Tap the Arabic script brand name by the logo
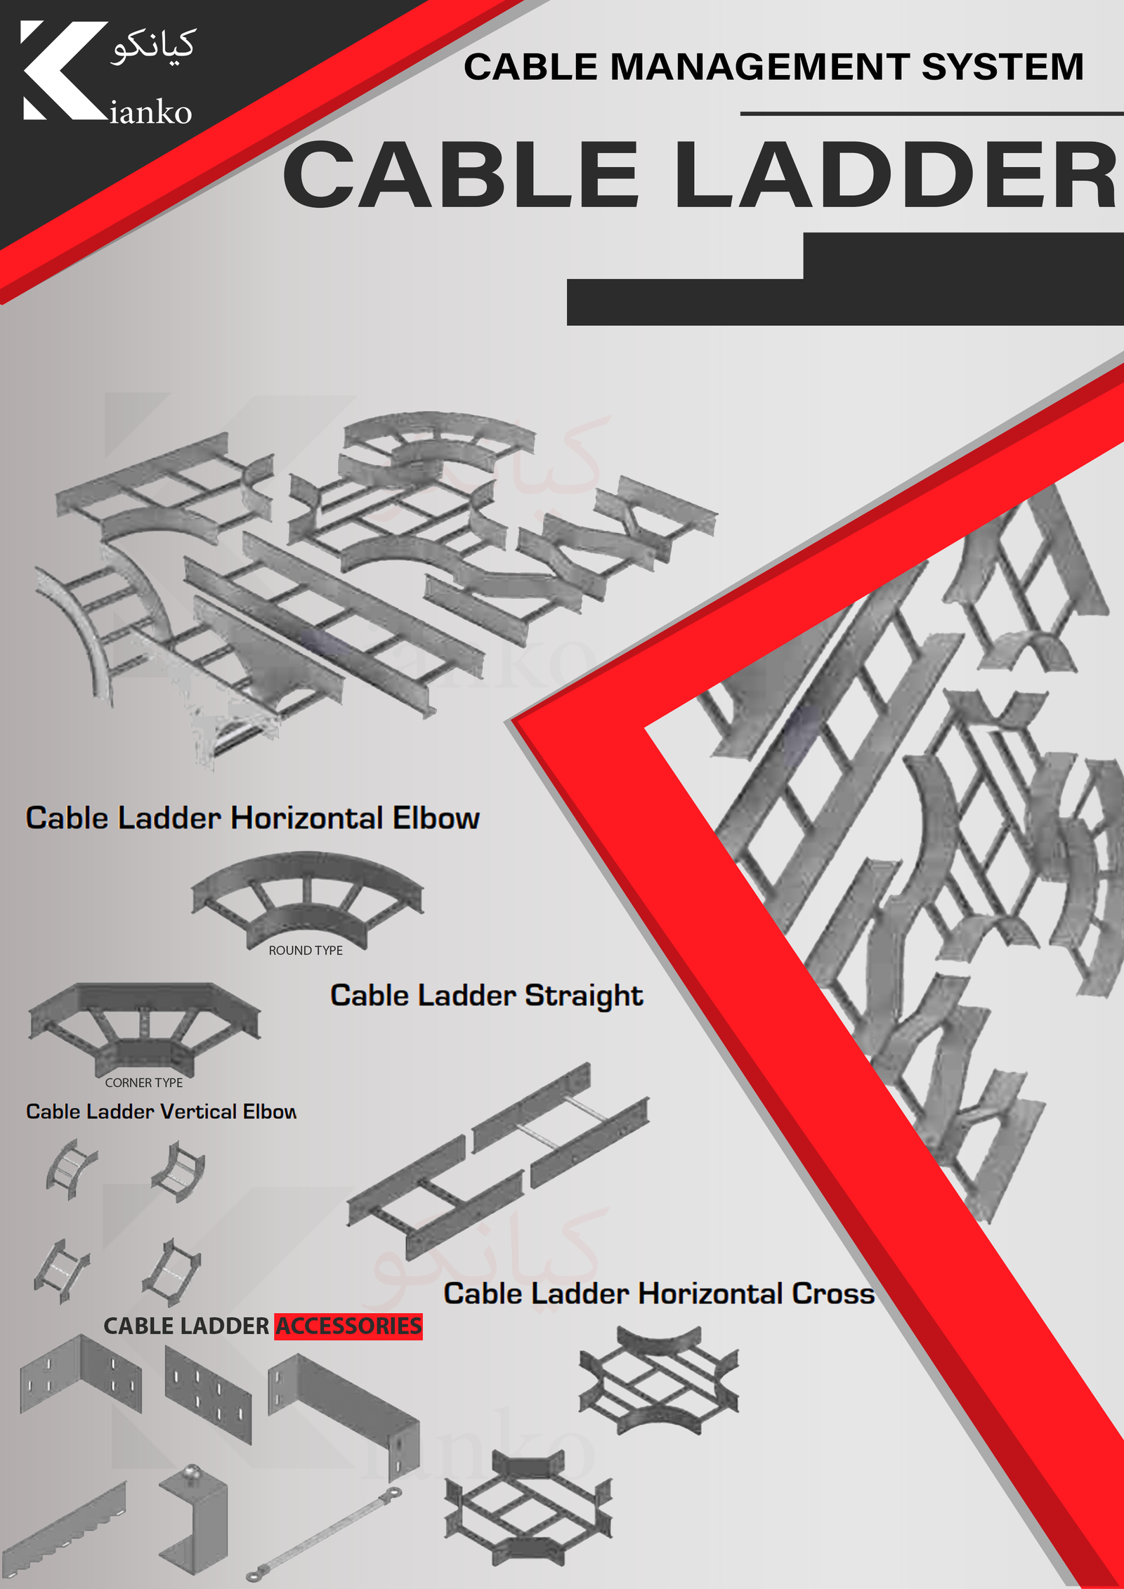click(x=153, y=48)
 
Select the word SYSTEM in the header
click(x=1002, y=67)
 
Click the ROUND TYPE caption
click(x=306, y=950)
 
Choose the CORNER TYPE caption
click(x=144, y=1083)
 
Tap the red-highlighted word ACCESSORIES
click(x=348, y=1326)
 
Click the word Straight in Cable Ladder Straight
click(x=584, y=996)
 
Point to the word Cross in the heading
click(x=833, y=1293)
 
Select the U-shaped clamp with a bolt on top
click(x=194, y=1521)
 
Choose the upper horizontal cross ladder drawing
click(x=659, y=1380)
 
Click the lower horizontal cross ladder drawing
click(x=528, y=1508)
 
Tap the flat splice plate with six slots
click(x=208, y=1395)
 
